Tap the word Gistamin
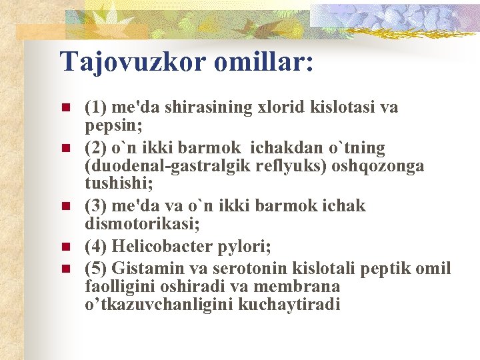click(144, 269)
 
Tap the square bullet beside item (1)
click(65, 107)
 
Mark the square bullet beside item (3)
click(65, 206)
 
